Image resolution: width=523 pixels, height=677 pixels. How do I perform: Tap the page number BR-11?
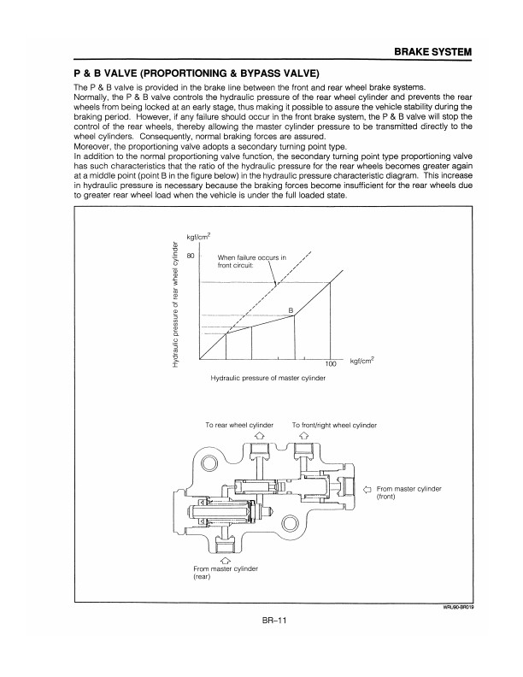pyautogui.click(x=277, y=621)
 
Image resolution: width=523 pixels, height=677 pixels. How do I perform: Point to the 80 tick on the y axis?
pyautogui.click(x=192, y=256)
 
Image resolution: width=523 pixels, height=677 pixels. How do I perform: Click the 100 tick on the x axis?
pyautogui.click(x=332, y=363)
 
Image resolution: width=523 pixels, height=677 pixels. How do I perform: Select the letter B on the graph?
pyautogui.click(x=291, y=309)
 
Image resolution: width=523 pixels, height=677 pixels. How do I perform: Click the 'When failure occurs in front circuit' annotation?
pyautogui.click(x=252, y=261)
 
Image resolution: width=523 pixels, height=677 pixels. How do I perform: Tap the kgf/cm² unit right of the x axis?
pyautogui.click(x=367, y=362)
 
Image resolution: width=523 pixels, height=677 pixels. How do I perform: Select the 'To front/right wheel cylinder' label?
pyautogui.click(x=334, y=425)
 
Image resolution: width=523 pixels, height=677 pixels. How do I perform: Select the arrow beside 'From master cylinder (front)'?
pyautogui.click(x=367, y=489)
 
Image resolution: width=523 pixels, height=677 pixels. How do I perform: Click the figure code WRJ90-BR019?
pyautogui.click(x=453, y=608)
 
